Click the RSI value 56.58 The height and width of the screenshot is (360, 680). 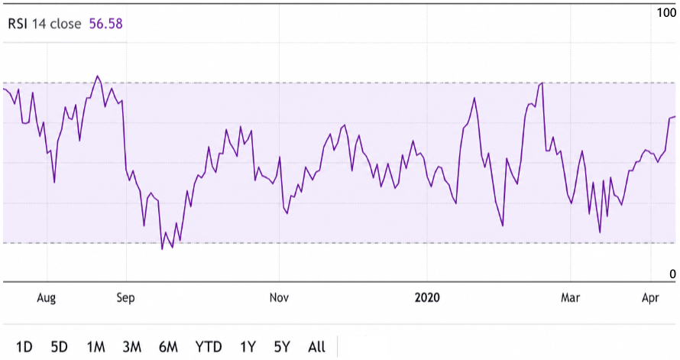(x=105, y=24)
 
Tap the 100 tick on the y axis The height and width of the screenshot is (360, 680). (x=666, y=13)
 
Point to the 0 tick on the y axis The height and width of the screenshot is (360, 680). (x=672, y=274)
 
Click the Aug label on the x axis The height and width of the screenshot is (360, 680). (x=47, y=297)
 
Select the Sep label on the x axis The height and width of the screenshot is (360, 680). (x=126, y=298)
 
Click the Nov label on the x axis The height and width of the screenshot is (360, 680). (x=279, y=297)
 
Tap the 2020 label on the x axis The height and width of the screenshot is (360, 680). (x=427, y=297)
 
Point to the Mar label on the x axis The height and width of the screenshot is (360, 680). (x=570, y=297)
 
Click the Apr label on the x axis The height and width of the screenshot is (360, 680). (x=650, y=298)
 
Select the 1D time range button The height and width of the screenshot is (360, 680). (x=24, y=347)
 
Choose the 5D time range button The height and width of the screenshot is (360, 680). (x=60, y=347)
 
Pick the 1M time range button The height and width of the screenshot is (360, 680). (x=96, y=347)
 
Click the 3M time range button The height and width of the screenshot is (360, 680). (x=132, y=347)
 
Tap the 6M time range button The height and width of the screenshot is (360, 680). (x=168, y=347)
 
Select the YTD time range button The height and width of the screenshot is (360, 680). (x=209, y=347)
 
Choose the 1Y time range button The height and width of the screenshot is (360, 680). (x=248, y=347)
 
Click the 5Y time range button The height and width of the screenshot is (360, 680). (x=282, y=347)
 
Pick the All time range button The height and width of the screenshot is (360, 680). (x=316, y=347)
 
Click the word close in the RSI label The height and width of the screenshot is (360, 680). (x=66, y=24)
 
